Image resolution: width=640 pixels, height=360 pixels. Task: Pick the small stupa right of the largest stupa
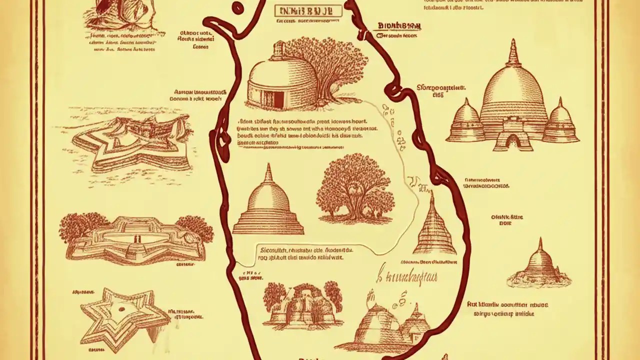click(x=560, y=122)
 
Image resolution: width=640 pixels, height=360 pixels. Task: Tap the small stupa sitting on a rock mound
click(x=539, y=265)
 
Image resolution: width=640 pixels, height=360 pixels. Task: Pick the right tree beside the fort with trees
click(x=194, y=227)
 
